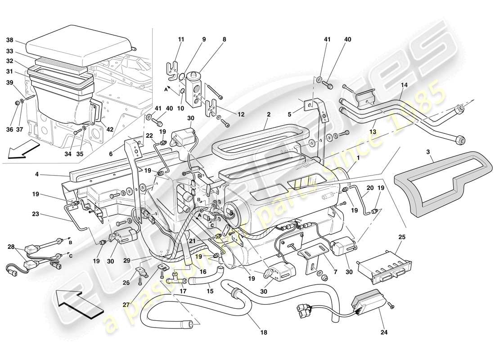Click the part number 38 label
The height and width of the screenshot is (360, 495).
9,40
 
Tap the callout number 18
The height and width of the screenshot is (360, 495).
263,333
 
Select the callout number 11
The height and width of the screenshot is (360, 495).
181,40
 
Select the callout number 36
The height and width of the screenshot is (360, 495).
9,130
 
